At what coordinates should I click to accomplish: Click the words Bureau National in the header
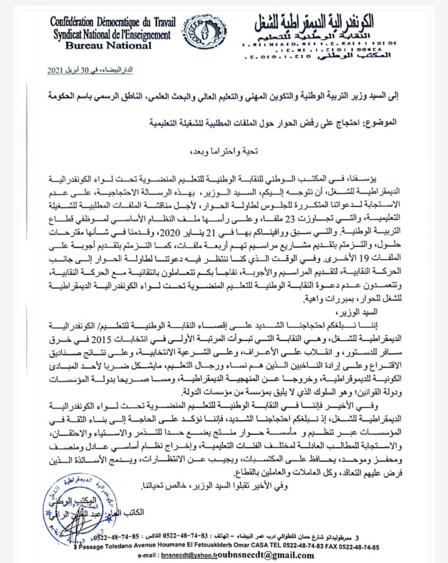click(108, 45)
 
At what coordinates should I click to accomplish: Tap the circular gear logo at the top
click(204, 31)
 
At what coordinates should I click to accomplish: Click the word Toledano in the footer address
click(118, 547)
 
